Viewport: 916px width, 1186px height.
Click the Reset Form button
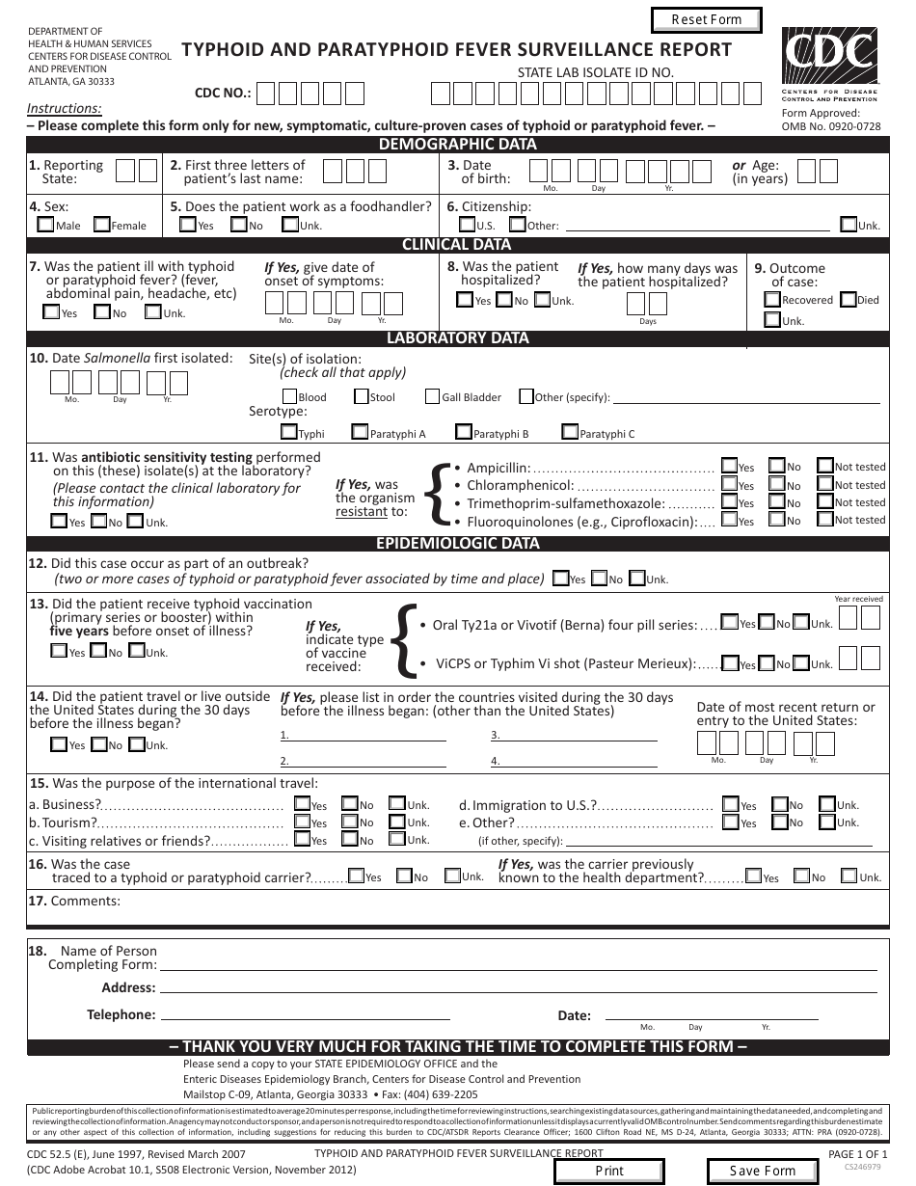(706, 20)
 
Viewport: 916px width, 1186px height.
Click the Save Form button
(762, 1171)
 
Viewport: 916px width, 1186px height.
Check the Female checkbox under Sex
(101, 225)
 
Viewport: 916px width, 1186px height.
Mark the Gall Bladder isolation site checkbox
(431, 396)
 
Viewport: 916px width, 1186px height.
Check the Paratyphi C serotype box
(570, 433)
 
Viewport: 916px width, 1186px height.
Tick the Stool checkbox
(361, 396)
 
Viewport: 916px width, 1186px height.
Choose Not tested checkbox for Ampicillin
(825, 466)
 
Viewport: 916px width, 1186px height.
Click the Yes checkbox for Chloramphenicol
(730, 484)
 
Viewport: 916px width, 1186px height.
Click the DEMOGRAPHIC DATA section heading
(457, 145)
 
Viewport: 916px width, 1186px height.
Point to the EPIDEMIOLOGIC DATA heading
(457, 543)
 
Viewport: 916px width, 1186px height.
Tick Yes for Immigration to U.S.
(730, 804)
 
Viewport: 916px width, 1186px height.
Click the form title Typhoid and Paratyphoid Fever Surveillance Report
(457, 50)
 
